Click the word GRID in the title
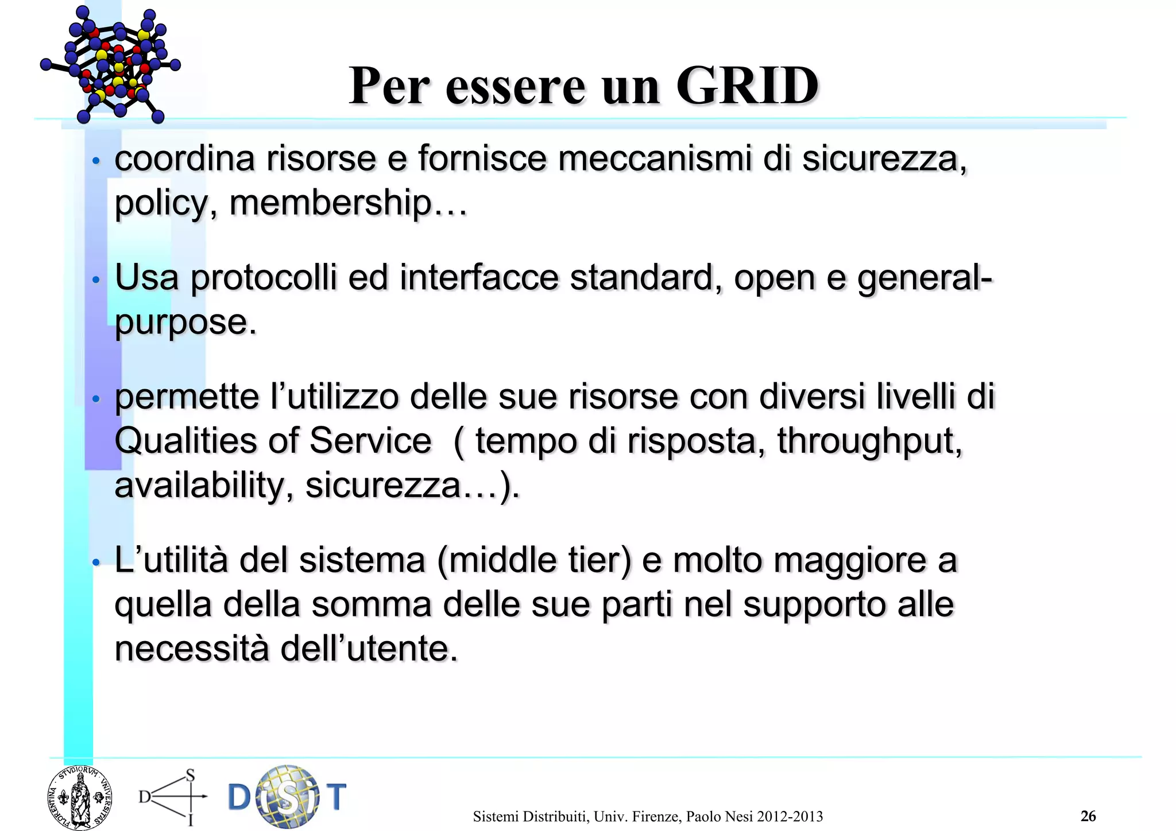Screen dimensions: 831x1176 point(747,86)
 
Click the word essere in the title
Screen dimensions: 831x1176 point(515,87)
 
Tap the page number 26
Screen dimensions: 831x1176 point(1088,816)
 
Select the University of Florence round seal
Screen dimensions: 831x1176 point(80,798)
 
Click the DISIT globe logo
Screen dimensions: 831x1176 point(287,797)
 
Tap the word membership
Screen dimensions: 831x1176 point(330,203)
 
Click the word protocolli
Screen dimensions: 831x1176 point(264,277)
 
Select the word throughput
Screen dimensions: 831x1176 point(869,441)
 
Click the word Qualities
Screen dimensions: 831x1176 point(187,441)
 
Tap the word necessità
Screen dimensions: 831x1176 point(192,649)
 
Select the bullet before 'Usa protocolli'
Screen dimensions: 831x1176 point(96,280)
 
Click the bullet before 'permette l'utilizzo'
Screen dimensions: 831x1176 point(96,398)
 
